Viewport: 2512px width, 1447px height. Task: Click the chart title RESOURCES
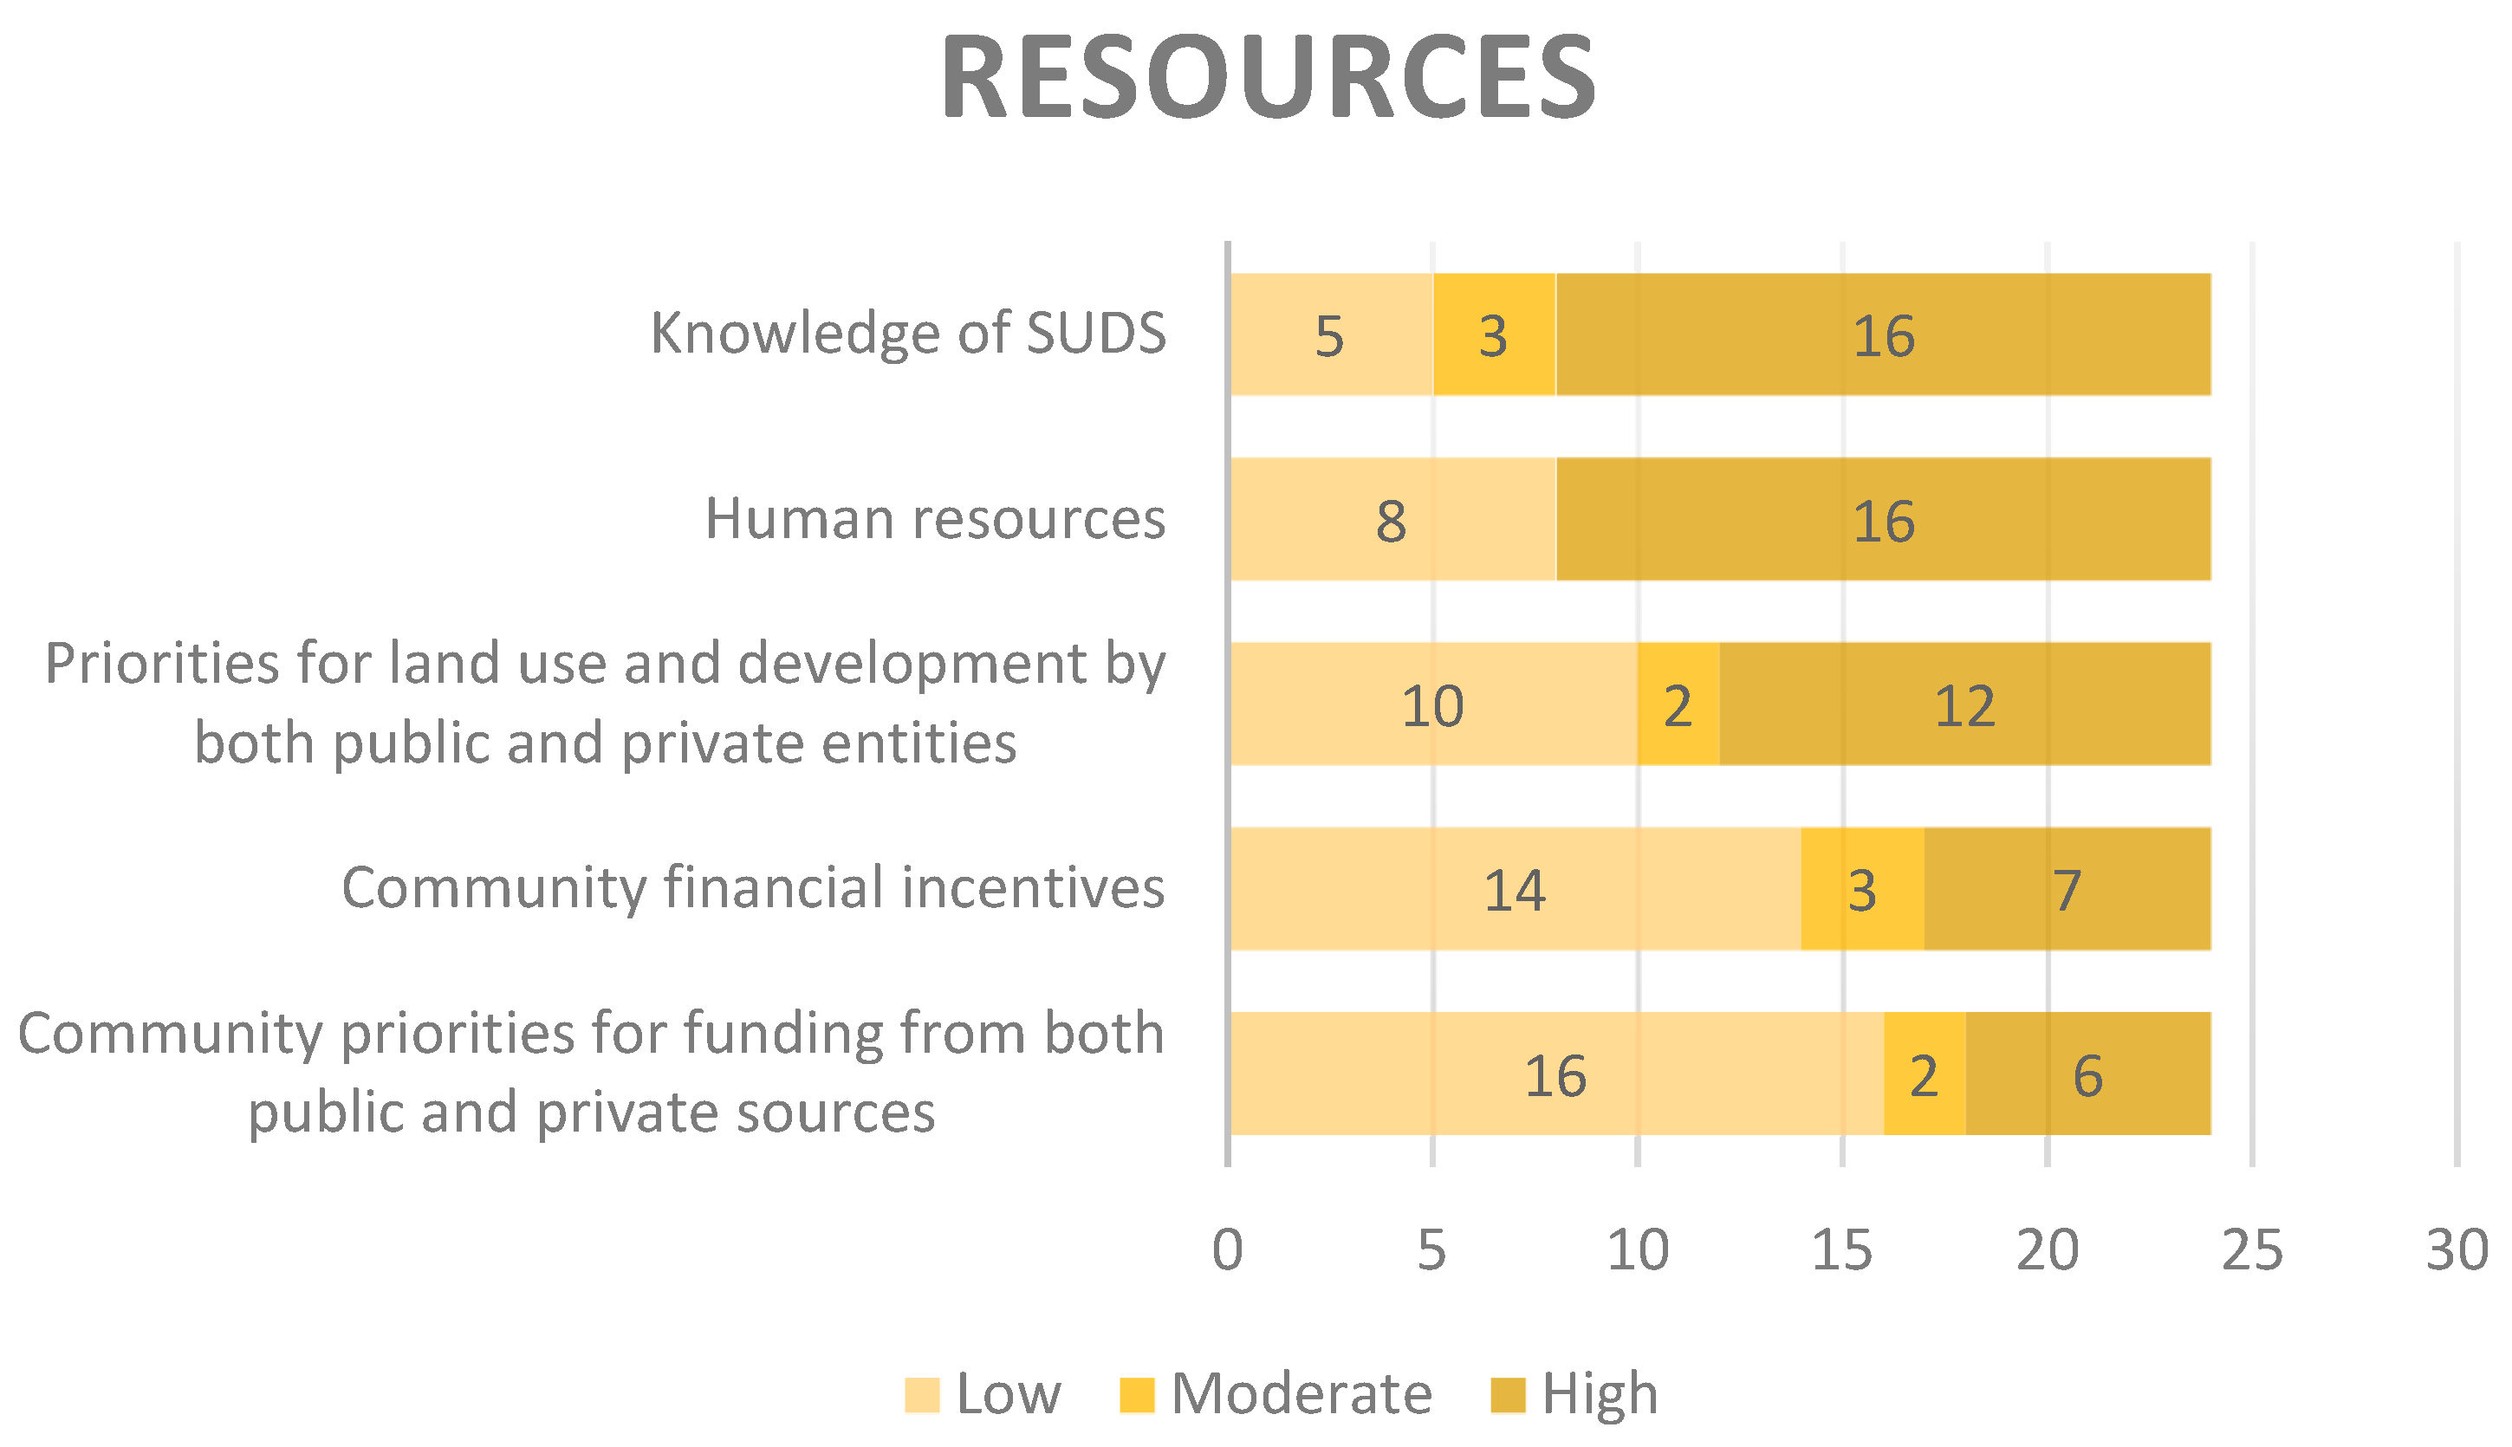pos(1268,77)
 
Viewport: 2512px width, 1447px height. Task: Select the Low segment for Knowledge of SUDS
pos(1332,335)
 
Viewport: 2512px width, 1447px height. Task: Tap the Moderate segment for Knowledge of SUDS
pos(1494,335)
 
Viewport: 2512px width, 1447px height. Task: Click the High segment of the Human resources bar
pos(1883,520)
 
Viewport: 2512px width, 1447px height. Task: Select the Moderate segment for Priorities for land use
pos(1678,704)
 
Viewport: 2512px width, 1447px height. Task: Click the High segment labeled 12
pos(1964,704)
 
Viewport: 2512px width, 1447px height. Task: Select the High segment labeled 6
pos(2087,1074)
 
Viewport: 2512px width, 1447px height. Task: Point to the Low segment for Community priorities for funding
pos(1556,1074)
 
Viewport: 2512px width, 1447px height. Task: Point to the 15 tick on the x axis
pos(1841,1250)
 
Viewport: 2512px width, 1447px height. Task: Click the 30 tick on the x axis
pos(2457,1250)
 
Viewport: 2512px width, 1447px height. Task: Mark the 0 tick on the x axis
pos(1228,1250)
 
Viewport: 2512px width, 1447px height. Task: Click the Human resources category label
pos(935,518)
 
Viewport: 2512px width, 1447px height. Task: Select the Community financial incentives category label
pos(753,887)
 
